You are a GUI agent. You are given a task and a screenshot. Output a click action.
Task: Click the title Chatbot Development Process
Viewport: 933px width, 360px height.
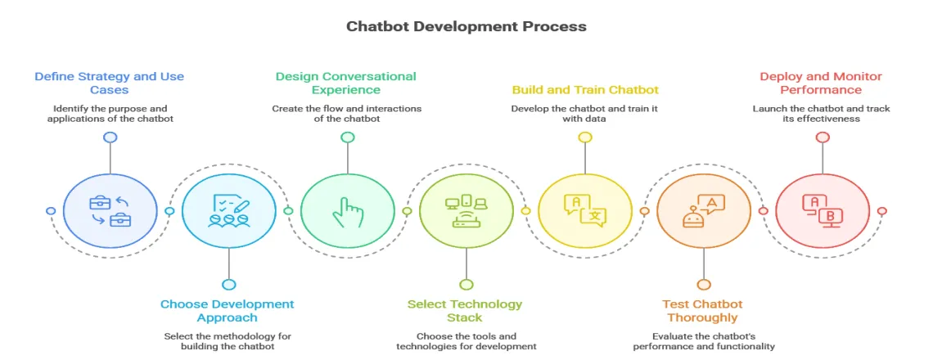pyautogui.click(x=466, y=26)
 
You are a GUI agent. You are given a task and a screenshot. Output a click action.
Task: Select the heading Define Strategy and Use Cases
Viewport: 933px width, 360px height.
pyautogui.click(x=109, y=83)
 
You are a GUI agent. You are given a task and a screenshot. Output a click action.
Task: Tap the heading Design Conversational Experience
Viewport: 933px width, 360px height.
pyautogui.click(x=345, y=83)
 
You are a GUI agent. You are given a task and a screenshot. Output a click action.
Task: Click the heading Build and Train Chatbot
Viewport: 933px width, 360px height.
pyautogui.click(x=585, y=89)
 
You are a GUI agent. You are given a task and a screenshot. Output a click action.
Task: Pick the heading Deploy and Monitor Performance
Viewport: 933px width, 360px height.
pyautogui.click(x=821, y=83)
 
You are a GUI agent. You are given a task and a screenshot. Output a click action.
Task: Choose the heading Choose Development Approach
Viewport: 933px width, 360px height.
pyautogui.click(x=227, y=310)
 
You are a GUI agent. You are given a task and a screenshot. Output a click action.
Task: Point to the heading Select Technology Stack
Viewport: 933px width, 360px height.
pyautogui.click(x=465, y=310)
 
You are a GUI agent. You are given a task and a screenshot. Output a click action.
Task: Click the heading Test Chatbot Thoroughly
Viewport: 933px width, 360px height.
pyautogui.click(x=701, y=310)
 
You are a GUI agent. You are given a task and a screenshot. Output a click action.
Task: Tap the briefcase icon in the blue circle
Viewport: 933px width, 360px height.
pyautogui.click(x=110, y=210)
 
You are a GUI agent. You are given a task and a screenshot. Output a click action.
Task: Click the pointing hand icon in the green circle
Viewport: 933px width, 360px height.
pyautogui.click(x=348, y=210)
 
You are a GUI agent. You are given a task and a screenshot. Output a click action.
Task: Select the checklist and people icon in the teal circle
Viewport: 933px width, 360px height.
pyautogui.click(x=228, y=210)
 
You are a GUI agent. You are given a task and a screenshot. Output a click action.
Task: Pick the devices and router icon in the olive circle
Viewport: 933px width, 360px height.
pyautogui.click(x=466, y=210)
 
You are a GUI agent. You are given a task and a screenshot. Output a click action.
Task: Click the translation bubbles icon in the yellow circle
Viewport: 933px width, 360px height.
pyautogui.click(x=584, y=210)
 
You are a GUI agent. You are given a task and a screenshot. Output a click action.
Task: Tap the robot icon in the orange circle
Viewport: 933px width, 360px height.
pyautogui.click(x=703, y=210)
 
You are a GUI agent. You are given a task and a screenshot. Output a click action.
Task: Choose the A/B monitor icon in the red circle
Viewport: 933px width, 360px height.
pyautogui.click(x=822, y=210)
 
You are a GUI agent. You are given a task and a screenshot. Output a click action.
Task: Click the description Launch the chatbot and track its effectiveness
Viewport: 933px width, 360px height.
pyautogui.click(x=821, y=114)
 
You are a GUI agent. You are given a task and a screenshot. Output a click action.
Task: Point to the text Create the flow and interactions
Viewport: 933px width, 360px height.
pyautogui.click(x=347, y=109)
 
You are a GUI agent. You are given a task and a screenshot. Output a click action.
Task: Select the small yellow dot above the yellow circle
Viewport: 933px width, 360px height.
pyautogui.click(x=584, y=137)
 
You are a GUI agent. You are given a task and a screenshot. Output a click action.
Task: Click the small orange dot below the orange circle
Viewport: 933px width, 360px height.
pyautogui.click(x=703, y=284)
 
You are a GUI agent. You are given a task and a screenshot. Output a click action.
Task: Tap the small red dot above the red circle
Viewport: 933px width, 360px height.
pyautogui.click(x=822, y=137)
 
